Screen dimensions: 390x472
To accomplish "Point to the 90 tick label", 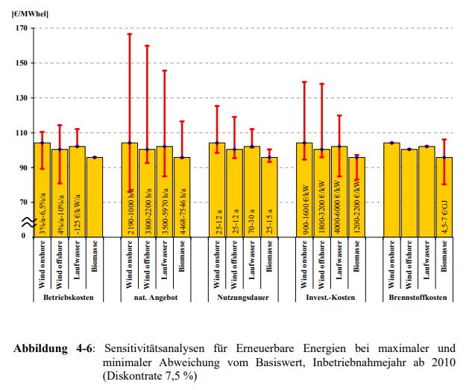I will (x=21, y=167).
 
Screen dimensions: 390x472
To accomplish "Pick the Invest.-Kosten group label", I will (x=331, y=298).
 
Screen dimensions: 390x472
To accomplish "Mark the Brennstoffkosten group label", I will (x=418, y=298).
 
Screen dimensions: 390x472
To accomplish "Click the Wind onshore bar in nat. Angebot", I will (x=130, y=190).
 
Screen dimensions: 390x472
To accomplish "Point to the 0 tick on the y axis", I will (x=23, y=236).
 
